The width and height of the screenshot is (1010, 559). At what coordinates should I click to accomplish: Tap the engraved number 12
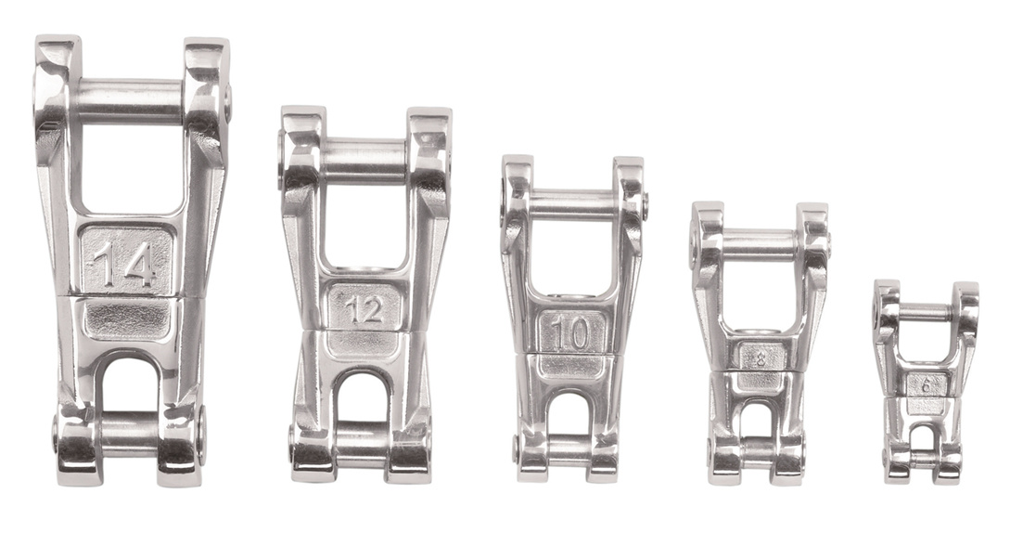pos(365,309)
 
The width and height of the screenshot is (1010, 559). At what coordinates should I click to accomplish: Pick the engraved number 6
pos(925,383)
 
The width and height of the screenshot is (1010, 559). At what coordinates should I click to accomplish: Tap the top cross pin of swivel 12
pos(364,159)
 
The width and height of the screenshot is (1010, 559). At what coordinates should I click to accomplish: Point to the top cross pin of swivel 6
pos(925,313)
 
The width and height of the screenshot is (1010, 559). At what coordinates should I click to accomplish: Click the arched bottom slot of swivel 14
pos(129,385)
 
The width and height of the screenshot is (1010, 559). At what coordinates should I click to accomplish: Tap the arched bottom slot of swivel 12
pos(364,397)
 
